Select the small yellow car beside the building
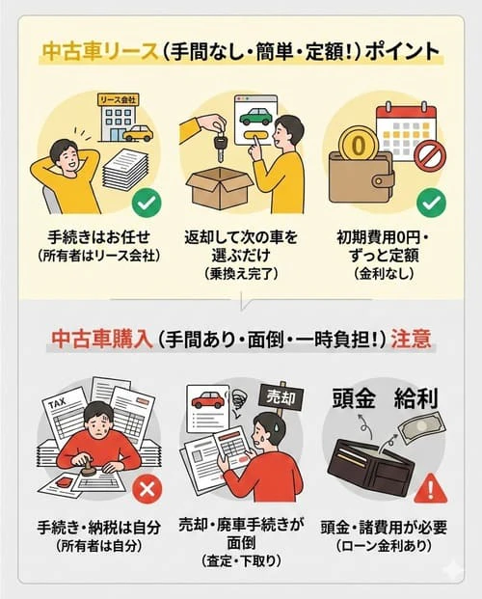pyautogui.click(x=138, y=132)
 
